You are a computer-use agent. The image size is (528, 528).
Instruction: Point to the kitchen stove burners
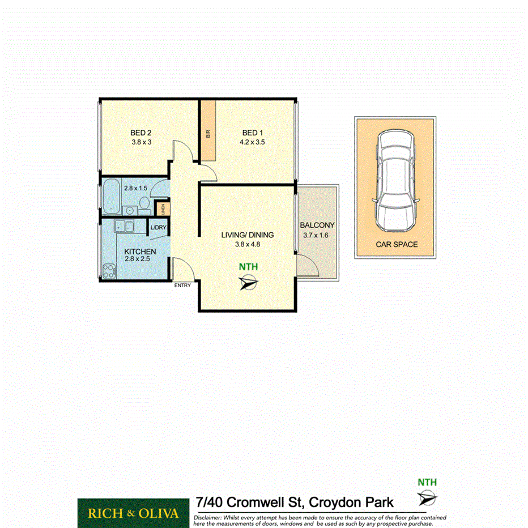[x=108, y=271]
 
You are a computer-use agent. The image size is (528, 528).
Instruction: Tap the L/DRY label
[x=158, y=228]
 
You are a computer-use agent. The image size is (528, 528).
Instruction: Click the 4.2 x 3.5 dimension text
[x=250, y=142]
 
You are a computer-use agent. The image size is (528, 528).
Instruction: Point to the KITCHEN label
[x=139, y=252]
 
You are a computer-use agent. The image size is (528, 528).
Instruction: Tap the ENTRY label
[x=182, y=286]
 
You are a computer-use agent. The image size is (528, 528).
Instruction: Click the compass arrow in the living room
[x=248, y=282]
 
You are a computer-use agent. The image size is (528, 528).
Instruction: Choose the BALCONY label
[x=317, y=225]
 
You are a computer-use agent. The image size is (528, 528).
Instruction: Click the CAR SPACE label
[x=397, y=245]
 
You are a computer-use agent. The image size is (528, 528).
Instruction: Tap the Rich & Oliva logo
[x=133, y=513]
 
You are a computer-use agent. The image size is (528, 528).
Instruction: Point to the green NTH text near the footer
[x=427, y=483]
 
